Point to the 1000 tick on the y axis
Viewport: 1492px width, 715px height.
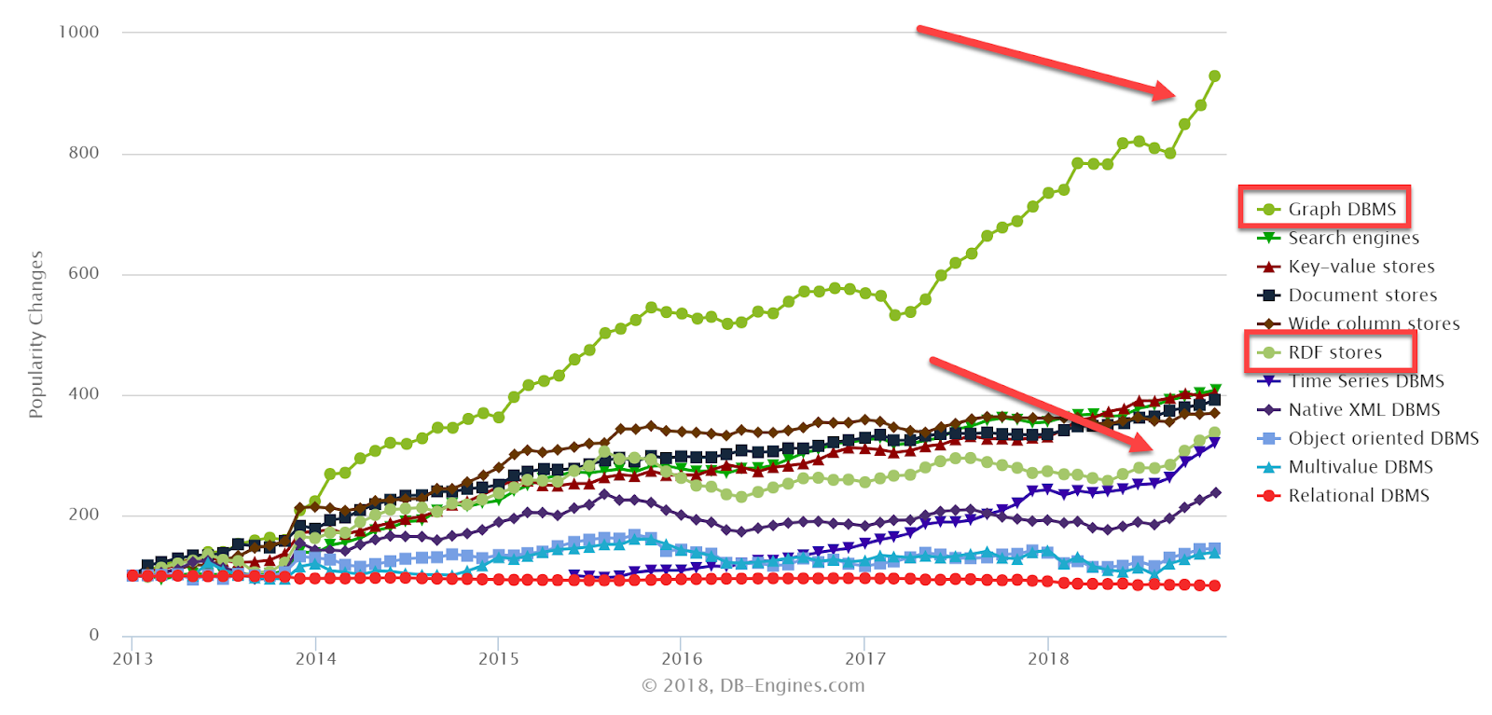[x=78, y=33]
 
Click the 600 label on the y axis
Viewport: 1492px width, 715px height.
[x=83, y=274]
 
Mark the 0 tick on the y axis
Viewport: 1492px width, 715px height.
[x=94, y=636]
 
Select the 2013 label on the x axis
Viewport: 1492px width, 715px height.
[x=132, y=659]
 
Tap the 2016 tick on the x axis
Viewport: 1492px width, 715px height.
[x=682, y=659]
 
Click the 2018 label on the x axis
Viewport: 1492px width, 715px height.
[x=1048, y=659]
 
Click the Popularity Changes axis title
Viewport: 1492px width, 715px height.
[x=36, y=335]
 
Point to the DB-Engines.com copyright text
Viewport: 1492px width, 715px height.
[x=753, y=686]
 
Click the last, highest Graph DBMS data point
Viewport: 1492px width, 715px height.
[x=1214, y=76]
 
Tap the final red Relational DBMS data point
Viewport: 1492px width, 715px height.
[x=1214, y=585]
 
